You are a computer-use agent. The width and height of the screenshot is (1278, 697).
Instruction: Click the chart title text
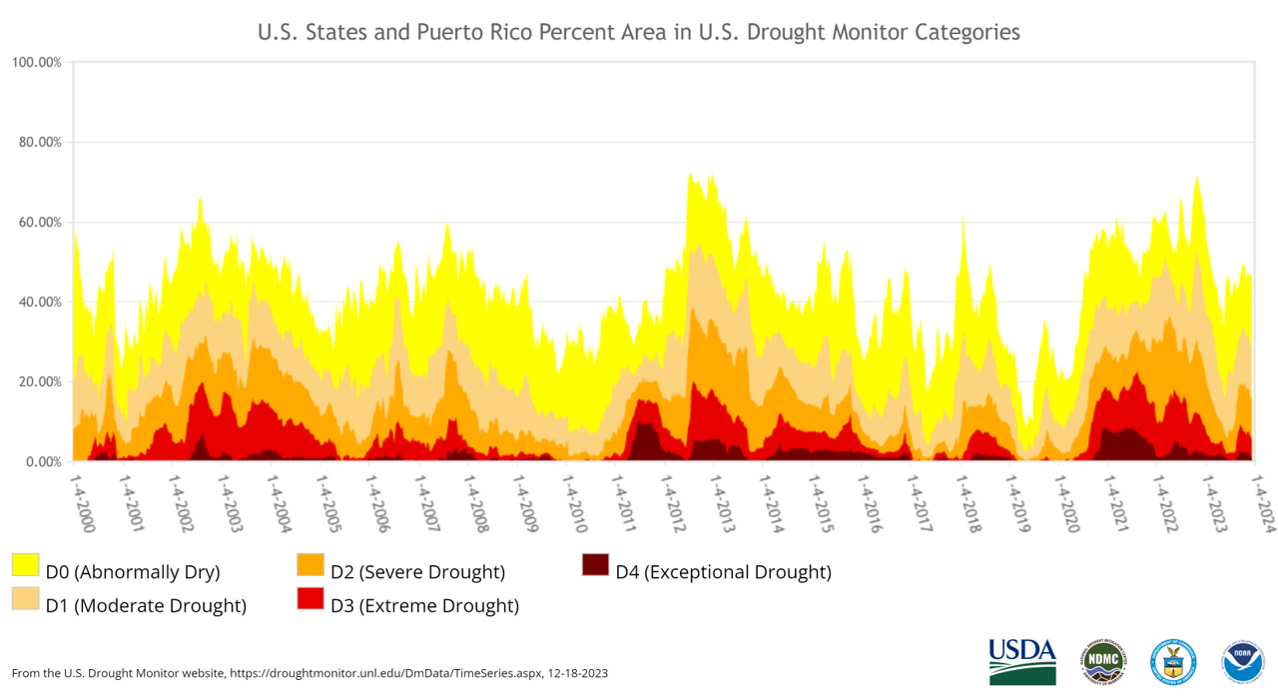coord(639,32)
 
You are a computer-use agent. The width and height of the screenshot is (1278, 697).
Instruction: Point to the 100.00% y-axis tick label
coord(37,62)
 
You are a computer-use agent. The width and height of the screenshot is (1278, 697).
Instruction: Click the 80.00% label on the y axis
coord(39,142)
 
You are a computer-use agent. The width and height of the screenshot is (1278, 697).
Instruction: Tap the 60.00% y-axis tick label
coord(39,222)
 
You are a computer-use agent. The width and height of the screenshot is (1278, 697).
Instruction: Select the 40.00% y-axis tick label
coord(39,302)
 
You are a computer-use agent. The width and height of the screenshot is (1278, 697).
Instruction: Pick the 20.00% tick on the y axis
coord(39,381)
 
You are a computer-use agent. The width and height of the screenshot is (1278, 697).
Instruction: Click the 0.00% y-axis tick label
coord(42,461)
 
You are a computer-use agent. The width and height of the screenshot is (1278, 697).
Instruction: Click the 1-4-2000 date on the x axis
coord(86,502)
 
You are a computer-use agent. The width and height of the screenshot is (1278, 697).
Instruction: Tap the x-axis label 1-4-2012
coord(676,502)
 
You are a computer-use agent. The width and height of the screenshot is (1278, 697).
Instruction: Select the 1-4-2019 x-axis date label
coord(1020,502)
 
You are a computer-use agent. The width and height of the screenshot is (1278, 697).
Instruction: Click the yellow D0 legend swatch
coord(26,564)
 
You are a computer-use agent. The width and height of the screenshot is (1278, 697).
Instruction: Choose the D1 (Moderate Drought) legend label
coord(146,605)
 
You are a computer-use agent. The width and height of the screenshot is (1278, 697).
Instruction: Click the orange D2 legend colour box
coord(311,564)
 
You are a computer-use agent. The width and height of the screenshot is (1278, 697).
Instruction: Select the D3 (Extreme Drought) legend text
coord(438,605)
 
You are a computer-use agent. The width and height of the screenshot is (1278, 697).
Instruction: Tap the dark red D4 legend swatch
coord(596,564)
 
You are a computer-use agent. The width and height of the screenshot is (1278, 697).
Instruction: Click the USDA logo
coord(1022,661)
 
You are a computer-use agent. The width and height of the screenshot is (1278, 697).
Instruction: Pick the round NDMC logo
coord(1102,661)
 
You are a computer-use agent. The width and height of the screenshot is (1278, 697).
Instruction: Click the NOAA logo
coord(1243,661)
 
